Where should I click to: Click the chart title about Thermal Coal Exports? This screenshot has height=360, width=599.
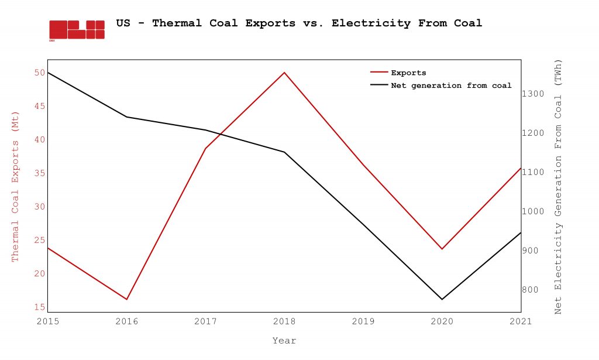(x=299, y=23)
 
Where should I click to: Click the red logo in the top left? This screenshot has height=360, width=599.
(x=77, y=30)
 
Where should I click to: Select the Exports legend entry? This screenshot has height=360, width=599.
(x=408, y=73)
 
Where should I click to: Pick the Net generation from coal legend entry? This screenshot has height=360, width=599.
(x=450, y=85)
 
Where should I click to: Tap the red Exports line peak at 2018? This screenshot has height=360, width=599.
(x=284, y=73)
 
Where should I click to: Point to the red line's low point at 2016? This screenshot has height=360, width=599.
(x=126, y=299)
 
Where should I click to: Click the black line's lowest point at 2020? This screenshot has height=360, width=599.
(x=442, y=299)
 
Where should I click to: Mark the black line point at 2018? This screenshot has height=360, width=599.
(x=284, y=152)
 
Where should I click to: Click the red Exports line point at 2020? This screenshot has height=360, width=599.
(x=442, y=249)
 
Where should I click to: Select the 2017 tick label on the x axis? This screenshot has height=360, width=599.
(x=205, y=321)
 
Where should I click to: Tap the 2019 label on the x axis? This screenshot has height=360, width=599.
(x=363, y=321)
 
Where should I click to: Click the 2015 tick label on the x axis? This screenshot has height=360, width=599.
(x=48, y=321)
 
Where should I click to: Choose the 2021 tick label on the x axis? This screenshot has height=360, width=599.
(x=521, y=321)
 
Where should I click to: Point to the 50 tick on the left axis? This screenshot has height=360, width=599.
(x=39, y=73)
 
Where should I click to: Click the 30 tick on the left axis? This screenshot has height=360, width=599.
(x=39, y=207)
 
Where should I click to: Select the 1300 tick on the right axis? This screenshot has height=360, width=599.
(x=533, y=94)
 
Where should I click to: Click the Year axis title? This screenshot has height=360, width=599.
(x=284, y=341)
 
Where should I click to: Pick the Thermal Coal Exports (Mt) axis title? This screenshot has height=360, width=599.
(x=16, y=186)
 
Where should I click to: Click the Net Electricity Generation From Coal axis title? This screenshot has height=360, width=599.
(x=558, y=186)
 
